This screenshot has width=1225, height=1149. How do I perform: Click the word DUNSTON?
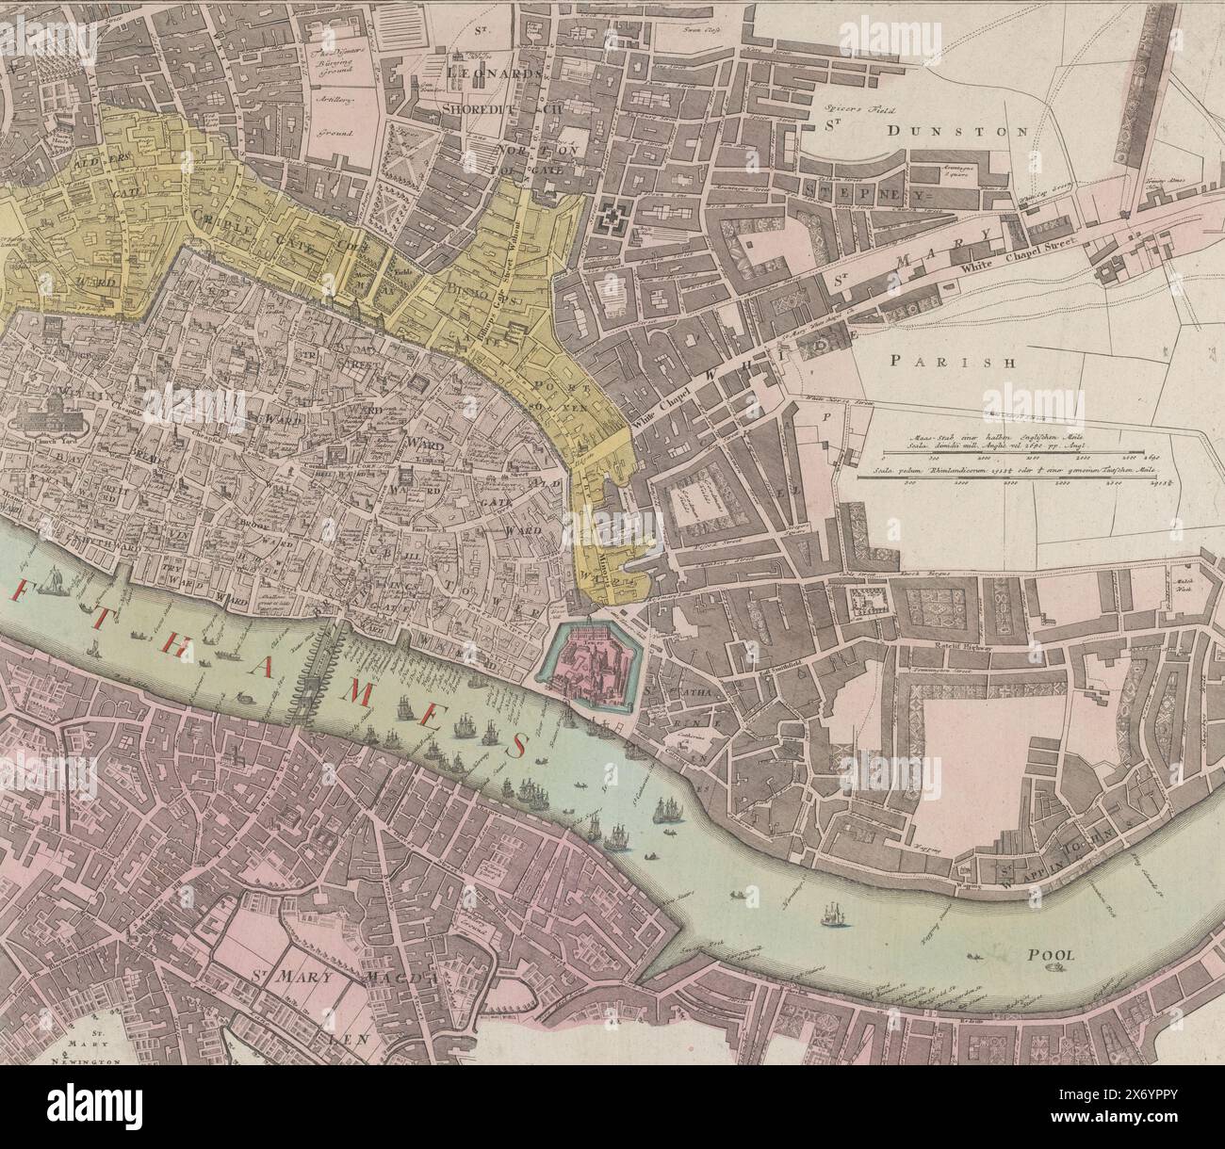pos(955,132)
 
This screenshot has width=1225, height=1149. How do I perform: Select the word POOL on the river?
pos(1049,954)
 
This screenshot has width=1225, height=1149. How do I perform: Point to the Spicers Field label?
pos(848,108)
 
